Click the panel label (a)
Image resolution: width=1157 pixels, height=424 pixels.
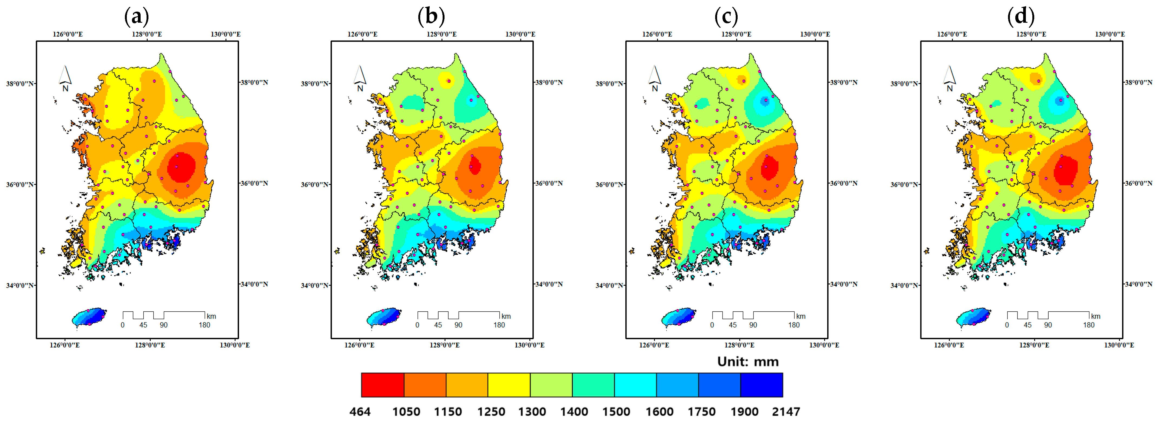pyautogui.click(x=137, y=17)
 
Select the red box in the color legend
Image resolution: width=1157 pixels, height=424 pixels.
pyautogui.click(x=382, y=385)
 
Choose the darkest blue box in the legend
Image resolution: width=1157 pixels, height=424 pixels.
pyautogui.click(x=761, y=385)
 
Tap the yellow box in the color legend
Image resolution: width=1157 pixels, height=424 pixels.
pyautogui.click(x=509, y=385)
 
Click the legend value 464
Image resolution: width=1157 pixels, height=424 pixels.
pyautogui.click(x=360, y=412)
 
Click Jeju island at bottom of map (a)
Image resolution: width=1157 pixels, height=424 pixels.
pyautogui.click(x=89, y=317)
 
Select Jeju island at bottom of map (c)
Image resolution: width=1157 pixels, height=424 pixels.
pyautogui.click(x=678, y=317)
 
